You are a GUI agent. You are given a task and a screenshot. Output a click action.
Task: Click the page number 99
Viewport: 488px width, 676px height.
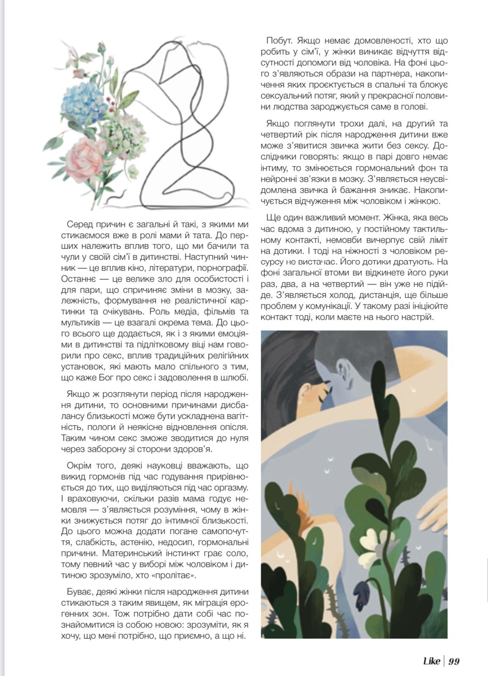454,661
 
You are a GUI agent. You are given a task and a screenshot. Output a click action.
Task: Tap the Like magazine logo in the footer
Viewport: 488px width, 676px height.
431,661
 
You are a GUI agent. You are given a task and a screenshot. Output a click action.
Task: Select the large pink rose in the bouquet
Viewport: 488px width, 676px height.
86,155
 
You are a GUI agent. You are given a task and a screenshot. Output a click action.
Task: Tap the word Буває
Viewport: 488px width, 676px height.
80,591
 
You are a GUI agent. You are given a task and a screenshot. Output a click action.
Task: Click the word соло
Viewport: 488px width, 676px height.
237,554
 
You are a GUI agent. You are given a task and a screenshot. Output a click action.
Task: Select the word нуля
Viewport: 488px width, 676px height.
237,438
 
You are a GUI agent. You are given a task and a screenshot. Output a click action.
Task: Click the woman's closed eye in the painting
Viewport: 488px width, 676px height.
323,397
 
